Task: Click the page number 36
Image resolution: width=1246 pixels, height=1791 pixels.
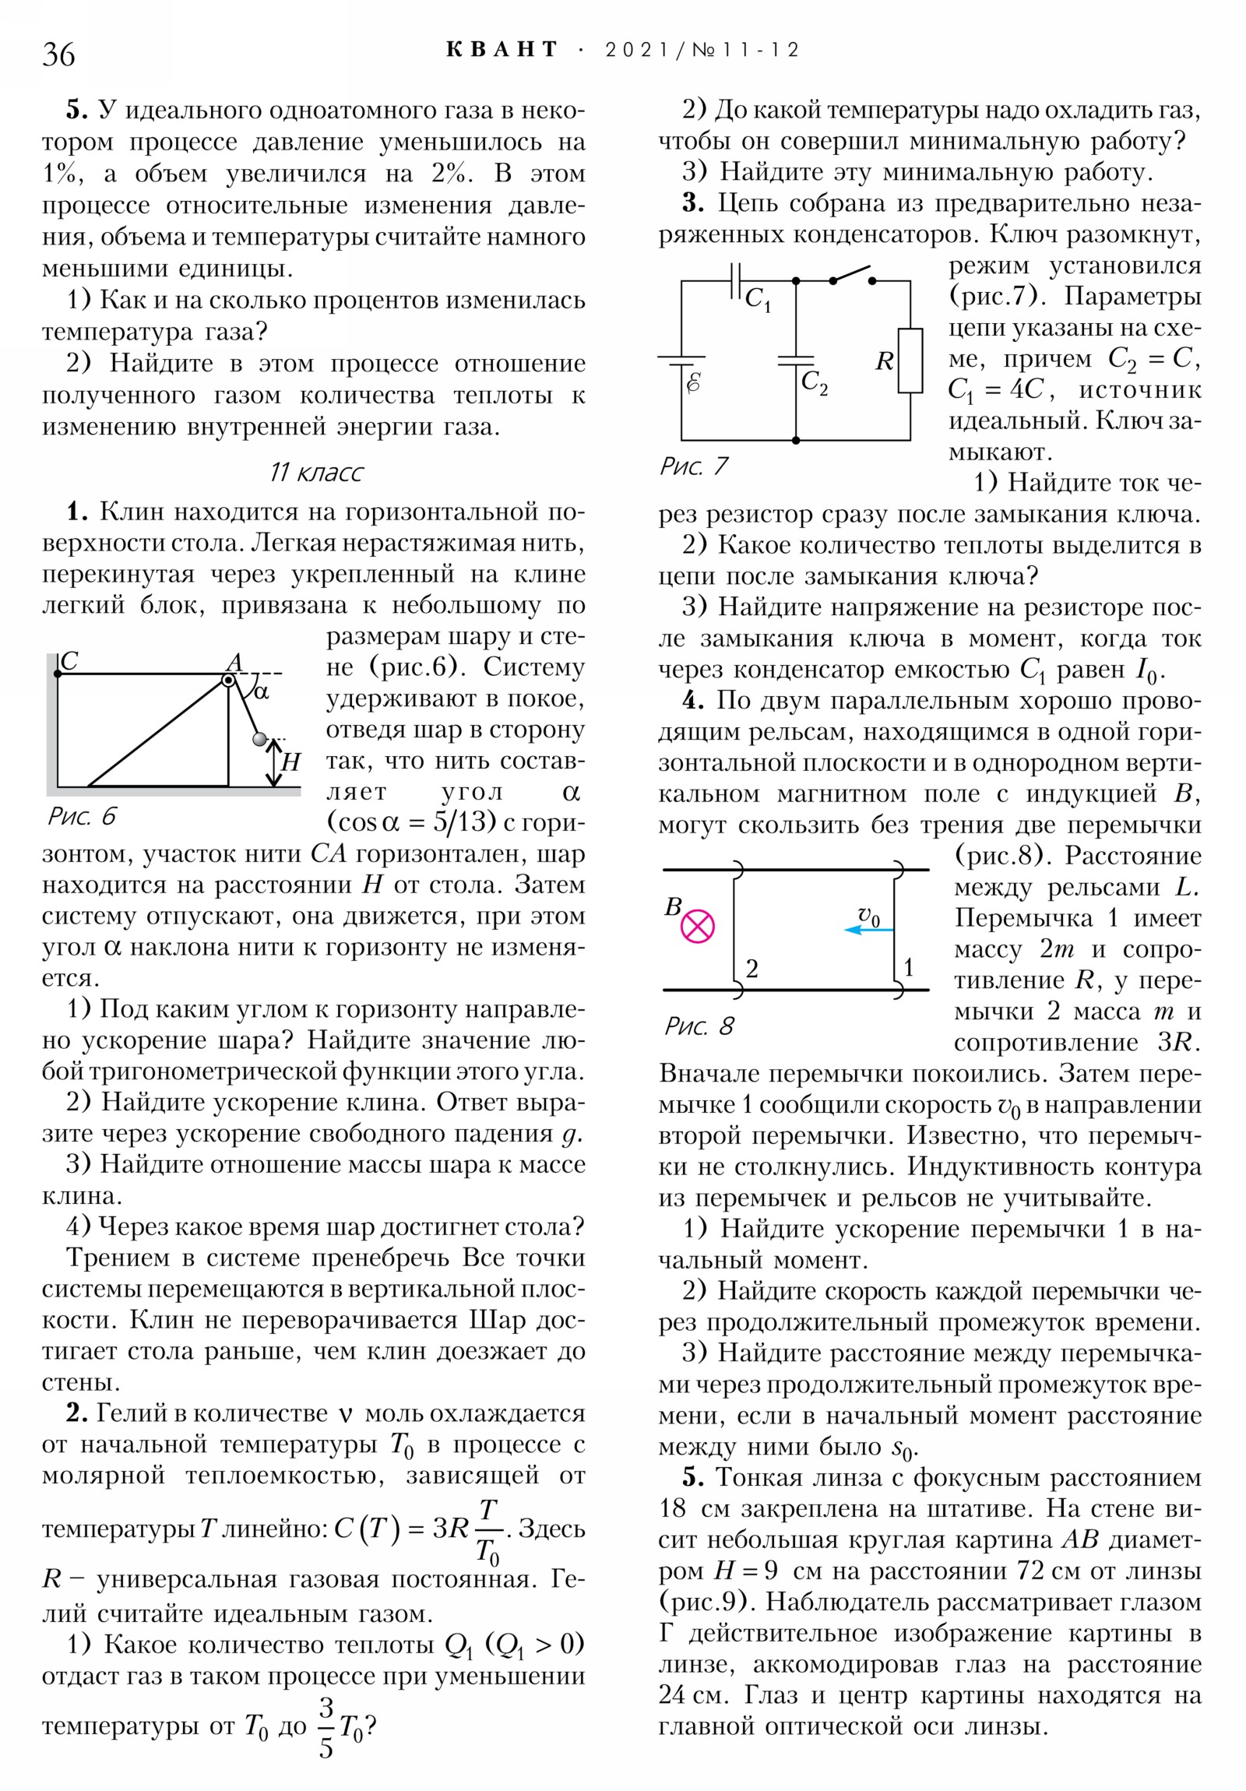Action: point(58,55)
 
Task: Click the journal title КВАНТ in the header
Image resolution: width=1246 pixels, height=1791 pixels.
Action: point(502,50)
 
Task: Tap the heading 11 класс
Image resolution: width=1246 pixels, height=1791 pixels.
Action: point(316,473)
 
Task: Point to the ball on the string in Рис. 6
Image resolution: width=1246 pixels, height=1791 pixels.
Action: point(259,738)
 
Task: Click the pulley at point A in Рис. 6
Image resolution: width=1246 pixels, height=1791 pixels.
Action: point(228,681)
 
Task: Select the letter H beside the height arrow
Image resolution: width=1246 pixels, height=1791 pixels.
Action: point(291,762)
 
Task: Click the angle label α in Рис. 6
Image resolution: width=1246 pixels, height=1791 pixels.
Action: point(262,691)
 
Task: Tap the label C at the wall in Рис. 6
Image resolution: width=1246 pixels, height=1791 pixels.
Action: point(69,660)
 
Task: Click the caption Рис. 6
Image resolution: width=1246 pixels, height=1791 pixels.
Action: point(82,816)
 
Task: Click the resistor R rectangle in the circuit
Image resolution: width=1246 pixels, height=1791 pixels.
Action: point(910,361)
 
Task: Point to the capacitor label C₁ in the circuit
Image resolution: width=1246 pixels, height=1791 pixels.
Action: point(757,299)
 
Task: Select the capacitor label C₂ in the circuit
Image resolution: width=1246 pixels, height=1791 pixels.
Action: point(814,382)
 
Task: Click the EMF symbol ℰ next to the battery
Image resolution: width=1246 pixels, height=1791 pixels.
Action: point(693,382)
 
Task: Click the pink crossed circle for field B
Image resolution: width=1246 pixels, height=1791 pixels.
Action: point(698,926)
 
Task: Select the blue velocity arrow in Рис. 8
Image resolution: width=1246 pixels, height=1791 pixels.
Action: point(868,930)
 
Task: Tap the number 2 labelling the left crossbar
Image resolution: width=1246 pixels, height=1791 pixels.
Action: point(751,969)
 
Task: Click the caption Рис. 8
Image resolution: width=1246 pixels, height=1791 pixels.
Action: point(699,1026)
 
